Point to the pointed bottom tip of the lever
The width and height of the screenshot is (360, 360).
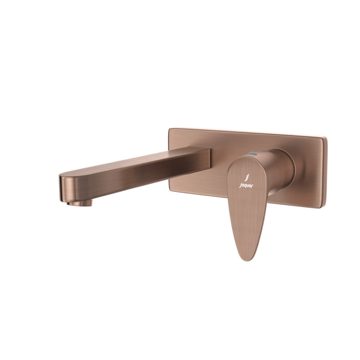pos(244,258)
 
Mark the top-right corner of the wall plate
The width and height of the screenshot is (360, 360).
pos(325,136)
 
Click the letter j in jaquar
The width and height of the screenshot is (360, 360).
pos(240,185)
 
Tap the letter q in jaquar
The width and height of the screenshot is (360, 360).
pos(245,185)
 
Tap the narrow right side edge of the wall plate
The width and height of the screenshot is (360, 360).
pos(325,172)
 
